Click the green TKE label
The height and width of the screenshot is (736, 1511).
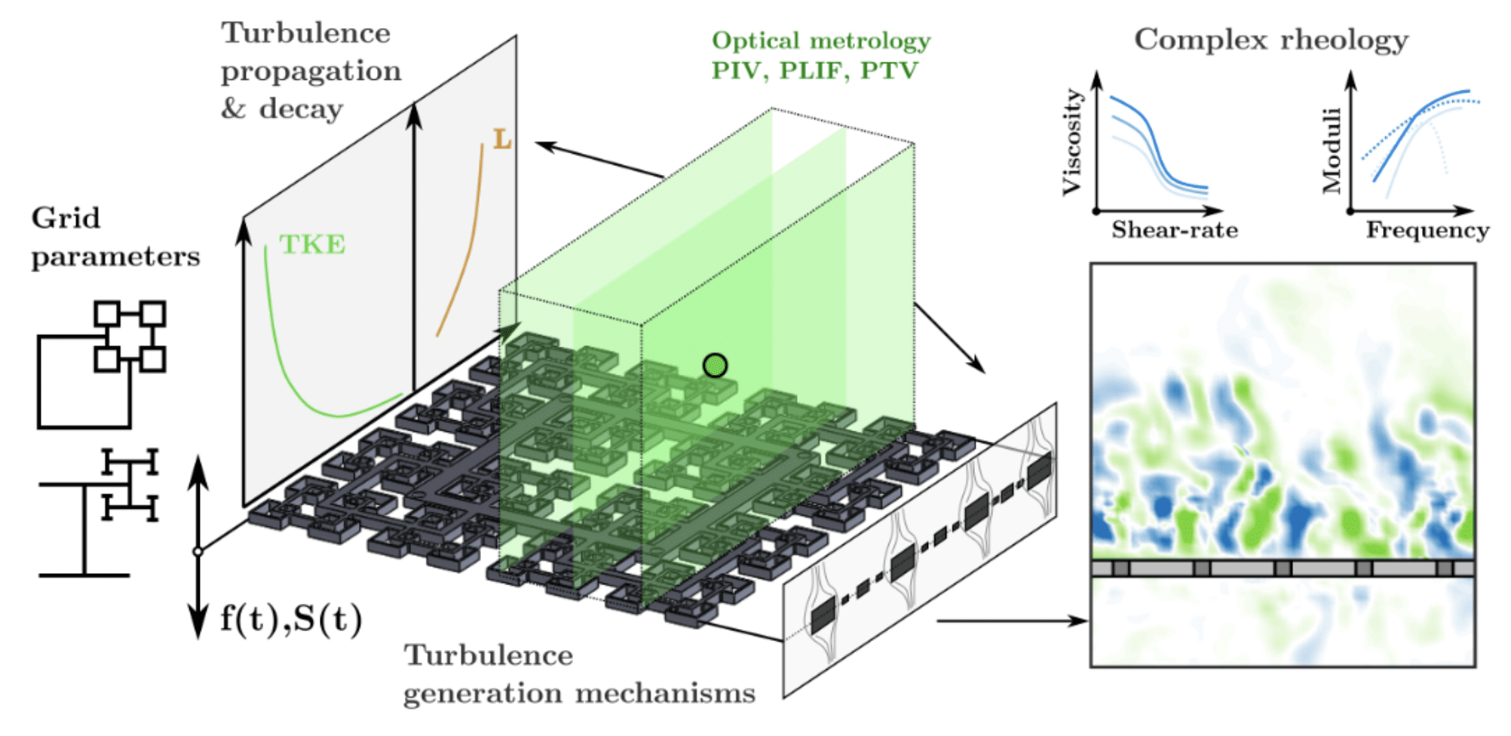coord(312,244)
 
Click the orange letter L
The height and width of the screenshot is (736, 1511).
coord(501,140)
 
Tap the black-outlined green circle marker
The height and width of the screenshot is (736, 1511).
coord(715,366)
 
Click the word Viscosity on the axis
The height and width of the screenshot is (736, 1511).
coord(1071,142)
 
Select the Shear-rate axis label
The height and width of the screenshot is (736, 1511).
coord(1174,230)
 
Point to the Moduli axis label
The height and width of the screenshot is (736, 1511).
coord(1332,150)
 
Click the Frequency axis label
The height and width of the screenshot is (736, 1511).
coord(1427,230)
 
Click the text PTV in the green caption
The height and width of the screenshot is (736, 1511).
coord(890,71)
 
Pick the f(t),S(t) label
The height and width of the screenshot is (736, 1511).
coord(291,619)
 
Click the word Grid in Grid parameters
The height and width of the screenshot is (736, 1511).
coord(66,219)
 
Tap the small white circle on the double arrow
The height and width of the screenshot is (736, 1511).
coord(198,552)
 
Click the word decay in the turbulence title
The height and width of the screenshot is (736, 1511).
coord(301,109)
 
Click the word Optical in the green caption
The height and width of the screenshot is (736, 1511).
coord(755,41)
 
